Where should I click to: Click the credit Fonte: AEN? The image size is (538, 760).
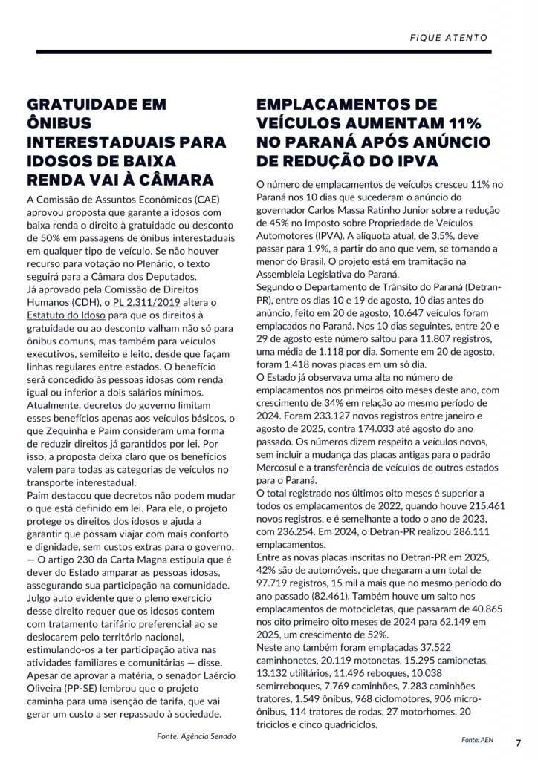pos(477,741)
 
